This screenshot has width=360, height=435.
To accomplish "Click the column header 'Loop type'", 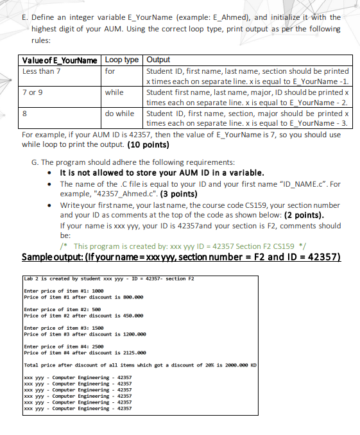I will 121,60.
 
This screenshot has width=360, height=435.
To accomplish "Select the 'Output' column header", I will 159,60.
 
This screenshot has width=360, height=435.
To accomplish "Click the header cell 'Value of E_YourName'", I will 60,60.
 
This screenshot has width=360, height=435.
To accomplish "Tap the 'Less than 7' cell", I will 42,71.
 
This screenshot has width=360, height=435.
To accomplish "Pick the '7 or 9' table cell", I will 33,92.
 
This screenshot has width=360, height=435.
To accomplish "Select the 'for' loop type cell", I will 110,71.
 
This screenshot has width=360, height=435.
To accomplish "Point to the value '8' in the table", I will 25,114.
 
